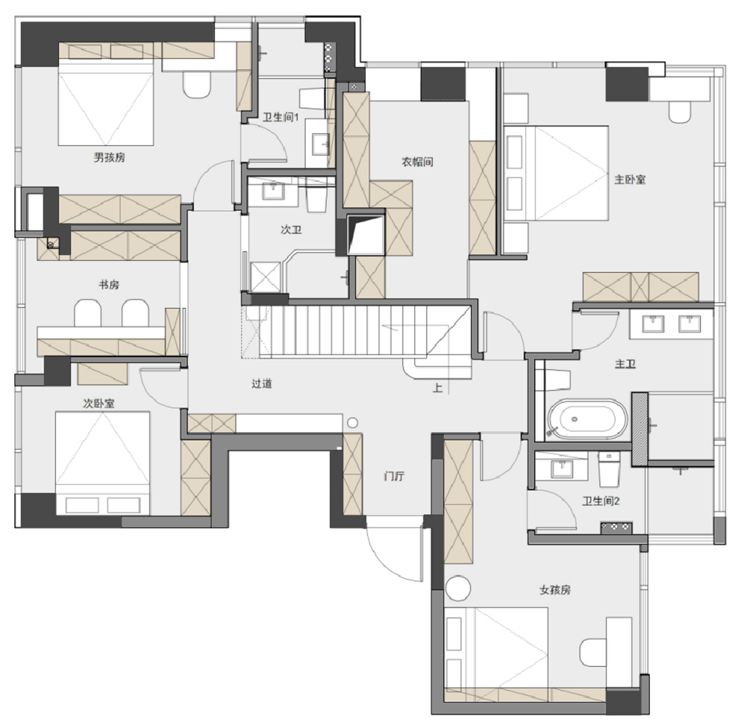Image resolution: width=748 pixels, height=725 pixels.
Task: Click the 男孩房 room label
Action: [109, 157]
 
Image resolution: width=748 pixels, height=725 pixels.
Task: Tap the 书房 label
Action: [108, 285]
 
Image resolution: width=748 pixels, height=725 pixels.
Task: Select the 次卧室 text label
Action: [99, 404]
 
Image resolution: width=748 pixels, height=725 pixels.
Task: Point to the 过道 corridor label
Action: [262, 383]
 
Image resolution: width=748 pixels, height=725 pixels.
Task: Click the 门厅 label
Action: [394, 476]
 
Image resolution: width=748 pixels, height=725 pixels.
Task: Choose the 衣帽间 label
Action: [417, 162]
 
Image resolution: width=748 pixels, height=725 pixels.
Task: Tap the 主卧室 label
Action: [630, 179]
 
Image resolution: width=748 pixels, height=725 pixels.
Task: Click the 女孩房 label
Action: [555, 590]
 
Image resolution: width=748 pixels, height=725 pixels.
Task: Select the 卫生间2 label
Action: [601, 501]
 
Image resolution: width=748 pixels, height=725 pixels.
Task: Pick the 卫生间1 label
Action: [280, 117]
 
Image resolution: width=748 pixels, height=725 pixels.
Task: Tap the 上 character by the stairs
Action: [438, 388]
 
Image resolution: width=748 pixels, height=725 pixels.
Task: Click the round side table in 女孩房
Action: [458, 587]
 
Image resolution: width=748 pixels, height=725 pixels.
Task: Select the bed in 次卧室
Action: [102, 463]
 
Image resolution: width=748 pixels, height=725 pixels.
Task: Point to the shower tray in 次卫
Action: [266, 277]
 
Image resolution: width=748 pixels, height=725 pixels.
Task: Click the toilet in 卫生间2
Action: [609, 469]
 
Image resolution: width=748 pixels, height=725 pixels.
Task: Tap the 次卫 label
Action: [291, 229]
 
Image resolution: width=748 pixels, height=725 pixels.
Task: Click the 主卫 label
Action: [625, 365]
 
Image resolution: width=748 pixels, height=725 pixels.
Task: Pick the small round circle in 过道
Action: [352, 422]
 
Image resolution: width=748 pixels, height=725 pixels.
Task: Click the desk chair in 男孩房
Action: [197, 85]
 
